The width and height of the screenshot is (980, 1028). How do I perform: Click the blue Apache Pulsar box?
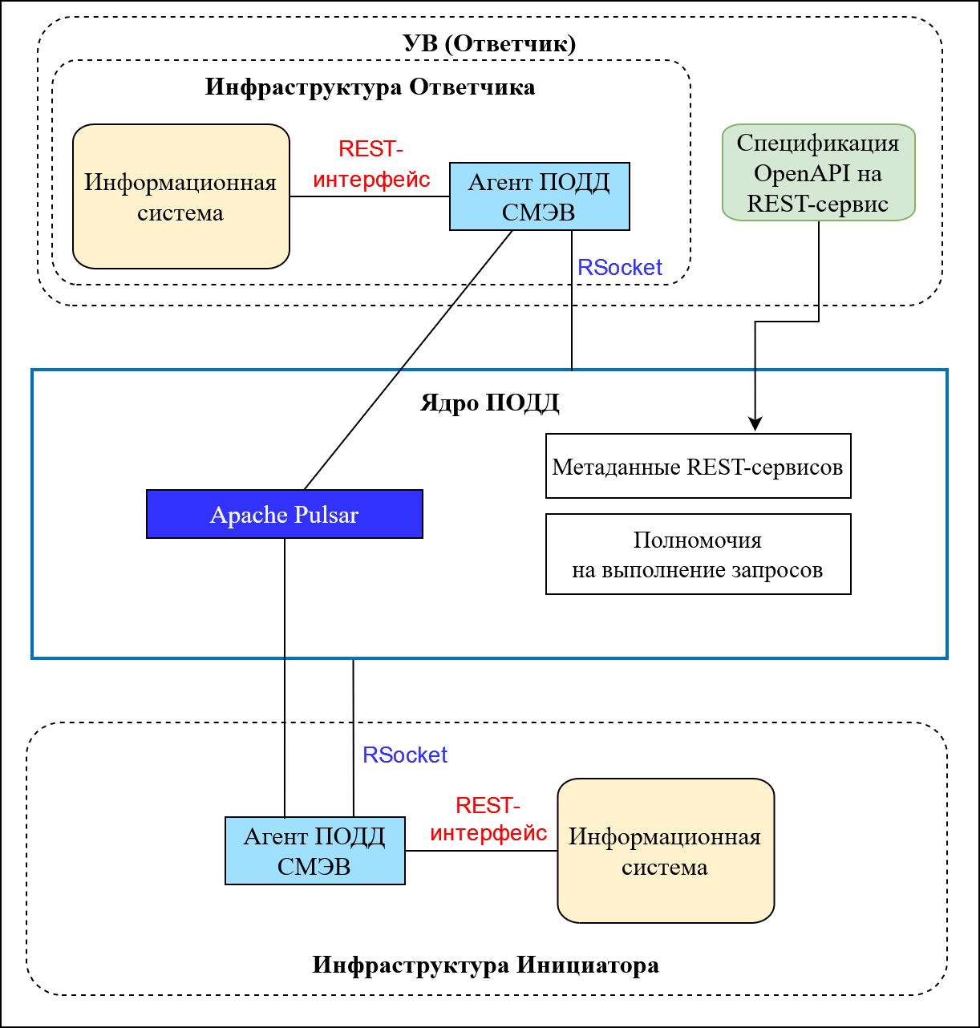pos(284,514)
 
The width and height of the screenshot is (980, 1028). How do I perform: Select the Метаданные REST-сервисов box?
pos(698,466)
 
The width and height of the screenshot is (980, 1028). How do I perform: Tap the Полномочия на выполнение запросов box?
pos(698,554)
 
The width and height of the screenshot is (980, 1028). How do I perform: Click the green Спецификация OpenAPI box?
pos(818,172)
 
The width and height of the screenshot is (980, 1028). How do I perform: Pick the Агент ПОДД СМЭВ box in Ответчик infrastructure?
pos(539,196)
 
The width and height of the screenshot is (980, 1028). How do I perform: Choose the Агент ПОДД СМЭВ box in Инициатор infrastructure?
pos(314,851)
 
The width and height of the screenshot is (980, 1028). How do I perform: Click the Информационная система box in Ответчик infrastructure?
pos(180,196)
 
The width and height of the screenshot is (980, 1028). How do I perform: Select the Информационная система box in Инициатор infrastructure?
pos(666,851)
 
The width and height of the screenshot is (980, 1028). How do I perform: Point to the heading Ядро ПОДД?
pos(489,403)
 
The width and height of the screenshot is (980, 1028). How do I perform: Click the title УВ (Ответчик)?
pos(489,43)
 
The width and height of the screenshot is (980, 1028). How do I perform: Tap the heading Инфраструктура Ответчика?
pos(370,87)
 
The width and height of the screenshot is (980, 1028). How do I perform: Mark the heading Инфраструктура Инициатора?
pos(485,965)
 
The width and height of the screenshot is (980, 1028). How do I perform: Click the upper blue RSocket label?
pos(620,268)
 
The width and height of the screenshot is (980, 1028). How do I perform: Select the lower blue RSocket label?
pos(405,755)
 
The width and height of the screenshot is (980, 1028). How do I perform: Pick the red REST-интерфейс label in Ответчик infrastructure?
pos(371,164)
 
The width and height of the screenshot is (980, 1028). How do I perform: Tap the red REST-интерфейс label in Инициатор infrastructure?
pos(488,820)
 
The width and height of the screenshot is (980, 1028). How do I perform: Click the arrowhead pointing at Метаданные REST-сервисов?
pos(755,424)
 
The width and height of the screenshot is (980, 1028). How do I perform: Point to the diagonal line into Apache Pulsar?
pos(409,360)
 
